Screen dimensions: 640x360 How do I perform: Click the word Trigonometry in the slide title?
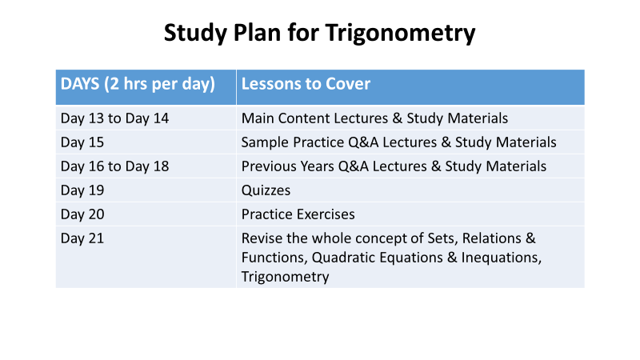[x=401, y=34]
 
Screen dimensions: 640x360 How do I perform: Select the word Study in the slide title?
[x=195, y=34]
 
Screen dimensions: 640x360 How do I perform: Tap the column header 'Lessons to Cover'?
[x=306, y=84]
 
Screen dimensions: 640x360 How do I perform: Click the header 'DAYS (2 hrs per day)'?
[x=138, y=84]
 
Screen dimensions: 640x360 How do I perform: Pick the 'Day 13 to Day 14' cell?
[x=114, y=118]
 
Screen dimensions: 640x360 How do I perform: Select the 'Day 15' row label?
[x=82, y=142]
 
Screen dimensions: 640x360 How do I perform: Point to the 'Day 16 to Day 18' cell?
[x=114, y=166]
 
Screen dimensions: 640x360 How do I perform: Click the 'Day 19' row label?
[x=82, y=190]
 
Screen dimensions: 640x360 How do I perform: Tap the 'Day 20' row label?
[x=82, y=214]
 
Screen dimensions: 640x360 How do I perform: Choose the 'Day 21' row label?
[x=82, y=238]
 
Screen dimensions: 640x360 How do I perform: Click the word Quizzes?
[x=266, y=190]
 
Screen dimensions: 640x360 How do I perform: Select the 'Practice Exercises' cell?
[x=298, y=214]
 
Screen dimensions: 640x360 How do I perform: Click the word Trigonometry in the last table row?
[x=285, y=277]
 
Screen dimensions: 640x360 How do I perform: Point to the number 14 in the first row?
[x=161, y=118]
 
